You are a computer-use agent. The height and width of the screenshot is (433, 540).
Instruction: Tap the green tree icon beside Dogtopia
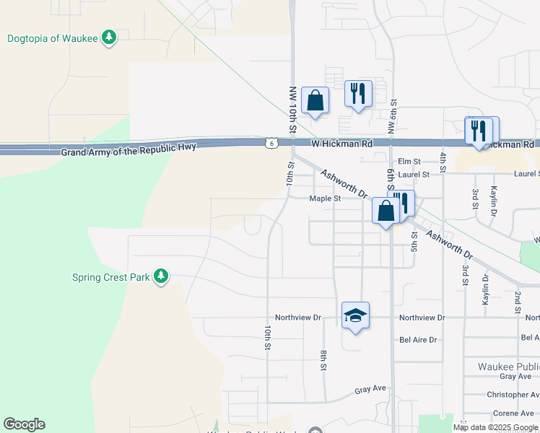tap(108, 37)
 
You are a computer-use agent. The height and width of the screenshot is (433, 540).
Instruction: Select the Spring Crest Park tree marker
tap(160, 276)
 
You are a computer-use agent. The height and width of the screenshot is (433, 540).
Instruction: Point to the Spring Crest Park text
tap(110, 277)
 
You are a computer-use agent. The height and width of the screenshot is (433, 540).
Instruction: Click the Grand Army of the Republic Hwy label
tap(129, 152)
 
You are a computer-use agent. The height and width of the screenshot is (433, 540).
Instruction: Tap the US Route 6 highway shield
tap(269, 144)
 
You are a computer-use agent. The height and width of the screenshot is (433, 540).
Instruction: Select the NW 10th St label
tap(293, 110)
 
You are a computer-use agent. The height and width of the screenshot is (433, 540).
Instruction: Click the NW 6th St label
tap(393, 117)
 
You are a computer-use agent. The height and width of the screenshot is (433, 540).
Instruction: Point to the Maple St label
tap(324, 199)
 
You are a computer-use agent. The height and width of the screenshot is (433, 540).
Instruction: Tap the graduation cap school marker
tap(355, 315)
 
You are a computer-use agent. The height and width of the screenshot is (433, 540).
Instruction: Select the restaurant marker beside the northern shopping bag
tap(357, 94)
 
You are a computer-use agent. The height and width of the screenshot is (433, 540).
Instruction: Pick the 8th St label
tap(323, 360)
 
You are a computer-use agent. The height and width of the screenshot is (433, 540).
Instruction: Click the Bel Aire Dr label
tap(418, 339)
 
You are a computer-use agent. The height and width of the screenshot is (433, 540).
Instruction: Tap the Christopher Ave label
tap(513, 395)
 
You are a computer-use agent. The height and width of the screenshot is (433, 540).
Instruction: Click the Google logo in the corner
tap(24, 424)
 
